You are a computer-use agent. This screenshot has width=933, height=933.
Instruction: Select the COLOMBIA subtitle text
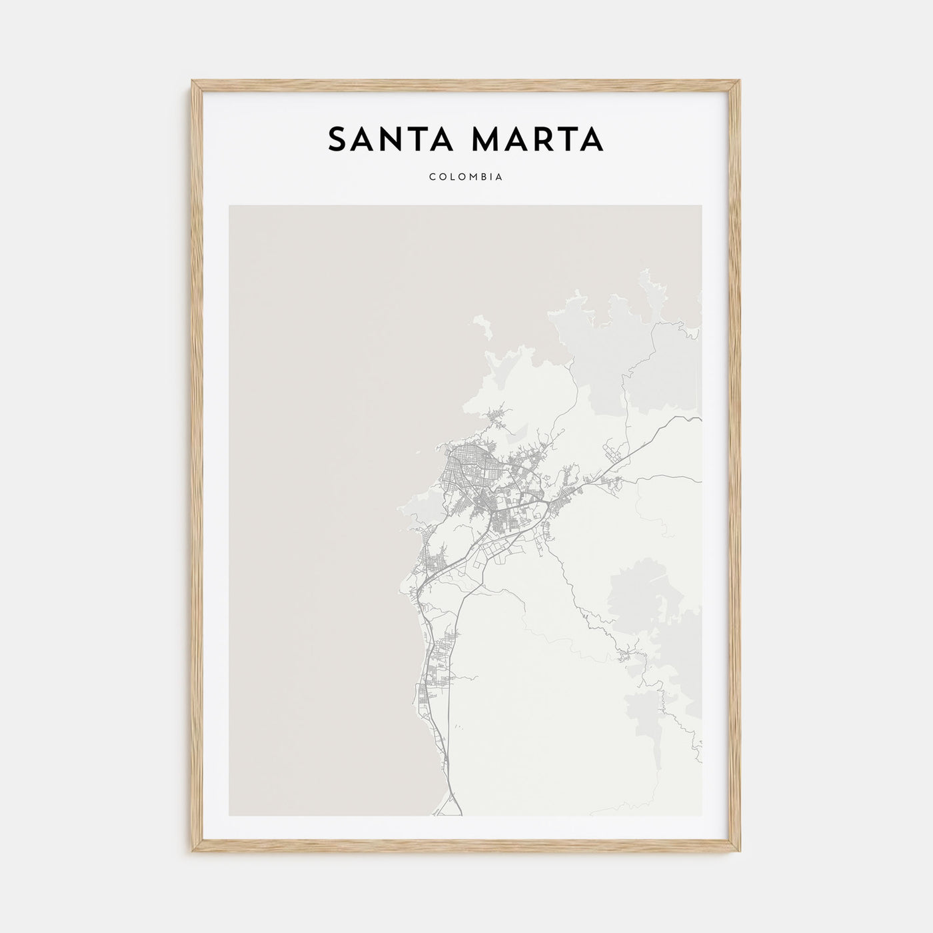coord(466,177)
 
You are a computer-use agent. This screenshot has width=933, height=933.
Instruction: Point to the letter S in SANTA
coord(337,139)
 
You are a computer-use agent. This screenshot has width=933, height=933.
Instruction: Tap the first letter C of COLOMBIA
coord(433,177)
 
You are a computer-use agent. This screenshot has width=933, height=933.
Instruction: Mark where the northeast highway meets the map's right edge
coord(700,419)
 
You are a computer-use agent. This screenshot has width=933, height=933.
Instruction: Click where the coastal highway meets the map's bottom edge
coord(460,814)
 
